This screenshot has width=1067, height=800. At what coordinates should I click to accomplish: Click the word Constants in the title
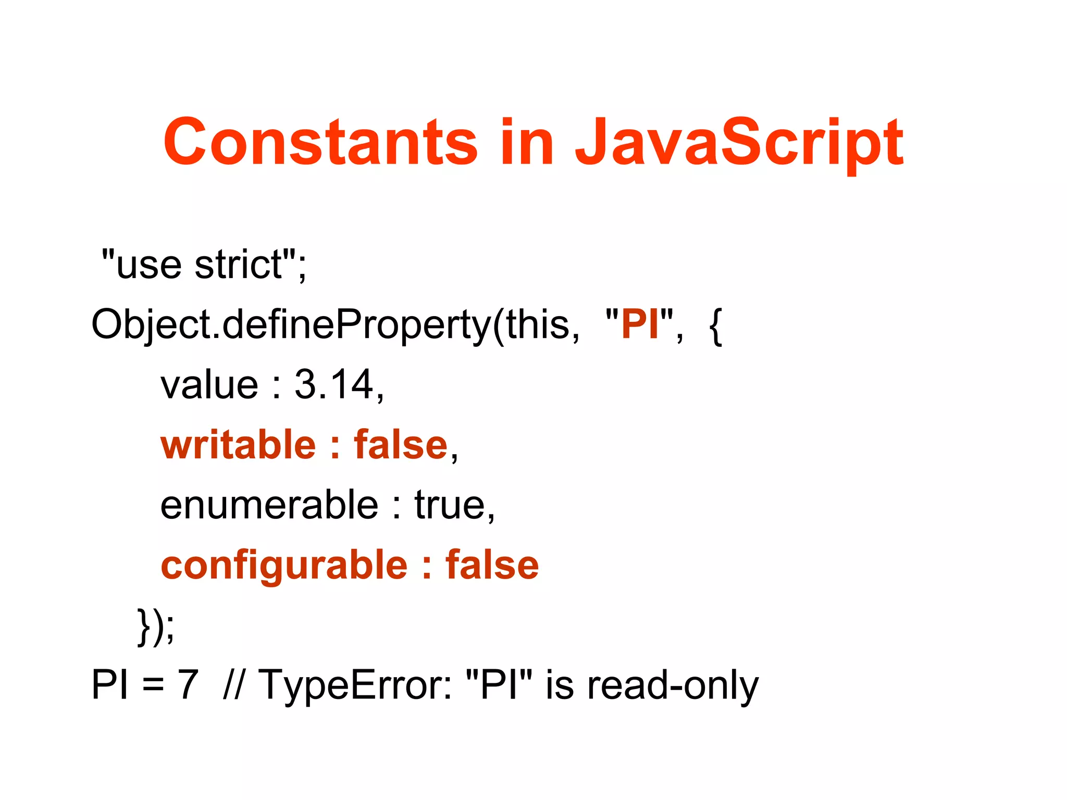pos(320,142)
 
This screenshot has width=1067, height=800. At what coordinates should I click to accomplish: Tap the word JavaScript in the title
pos(739,142)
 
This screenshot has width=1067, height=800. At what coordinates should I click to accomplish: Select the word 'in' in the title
pos(526,142)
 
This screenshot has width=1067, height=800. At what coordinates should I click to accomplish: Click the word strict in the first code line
pos(238,265)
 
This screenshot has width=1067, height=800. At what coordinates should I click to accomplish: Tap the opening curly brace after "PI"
pos(715,325)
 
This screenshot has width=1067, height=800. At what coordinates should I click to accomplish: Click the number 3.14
pos(333,384)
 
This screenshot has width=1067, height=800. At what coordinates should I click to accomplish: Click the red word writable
pos(238,445)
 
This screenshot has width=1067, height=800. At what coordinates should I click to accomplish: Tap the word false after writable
pos(401,445)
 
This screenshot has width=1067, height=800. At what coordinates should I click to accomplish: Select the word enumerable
pos(269,505)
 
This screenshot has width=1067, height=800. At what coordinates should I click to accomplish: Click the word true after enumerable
pos(449,505)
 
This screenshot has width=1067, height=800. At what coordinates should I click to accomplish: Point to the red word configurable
pos(284,566)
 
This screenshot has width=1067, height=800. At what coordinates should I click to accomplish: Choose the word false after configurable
pos(492,565)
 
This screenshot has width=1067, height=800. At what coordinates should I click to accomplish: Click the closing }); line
pos(156,626)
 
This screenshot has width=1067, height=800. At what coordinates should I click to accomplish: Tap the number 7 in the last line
pos(188,684)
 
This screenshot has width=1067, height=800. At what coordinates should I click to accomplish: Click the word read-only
pos(673,685)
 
